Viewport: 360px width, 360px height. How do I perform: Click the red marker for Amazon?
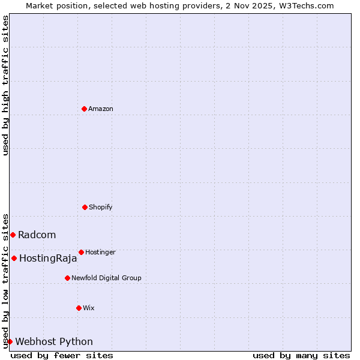click(84, 109)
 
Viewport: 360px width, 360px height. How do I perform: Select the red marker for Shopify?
click(85, 207)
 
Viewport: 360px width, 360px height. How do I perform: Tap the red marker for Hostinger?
click(81, 252)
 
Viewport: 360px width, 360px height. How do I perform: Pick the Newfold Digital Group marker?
click(67, 278)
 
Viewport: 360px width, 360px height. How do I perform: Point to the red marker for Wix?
click(79, 308)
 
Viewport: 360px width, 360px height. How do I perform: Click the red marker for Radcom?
click(13, 235)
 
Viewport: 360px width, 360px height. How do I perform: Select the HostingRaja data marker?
click(14, 258)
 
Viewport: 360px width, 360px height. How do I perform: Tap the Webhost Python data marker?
click(10, 341)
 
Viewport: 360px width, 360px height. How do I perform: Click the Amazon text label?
click(101, 109)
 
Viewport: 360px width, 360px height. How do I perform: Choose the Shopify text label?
click(101, 207)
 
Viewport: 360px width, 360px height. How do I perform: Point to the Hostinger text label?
click(100, 252)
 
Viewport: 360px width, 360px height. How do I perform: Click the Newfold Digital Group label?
click(106, 278)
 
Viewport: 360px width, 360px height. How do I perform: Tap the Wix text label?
click(89, 308)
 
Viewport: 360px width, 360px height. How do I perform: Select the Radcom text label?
click(37, 235)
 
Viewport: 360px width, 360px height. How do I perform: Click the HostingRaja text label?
click(48, 259)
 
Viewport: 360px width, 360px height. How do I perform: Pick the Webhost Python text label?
click(54, 342)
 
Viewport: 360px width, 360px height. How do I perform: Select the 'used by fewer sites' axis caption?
click(62, 355)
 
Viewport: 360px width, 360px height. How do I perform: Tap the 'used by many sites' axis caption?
click(301, 355)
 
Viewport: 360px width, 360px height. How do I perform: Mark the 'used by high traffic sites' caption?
click(5, 85)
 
